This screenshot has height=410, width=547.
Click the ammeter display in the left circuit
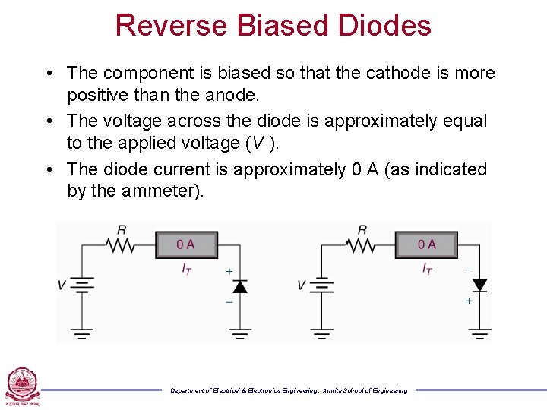coord(186,244)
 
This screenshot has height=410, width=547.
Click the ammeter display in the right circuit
coord(426,244)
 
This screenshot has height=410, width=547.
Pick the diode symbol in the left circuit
coord(240,286)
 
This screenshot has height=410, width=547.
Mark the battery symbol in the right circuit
coord(322,285)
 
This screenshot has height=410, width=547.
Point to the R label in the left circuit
coord(122,229)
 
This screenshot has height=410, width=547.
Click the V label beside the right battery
coord(301,285)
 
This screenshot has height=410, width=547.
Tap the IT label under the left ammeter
coord(186,269)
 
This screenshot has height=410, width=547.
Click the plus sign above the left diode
coord(229,271)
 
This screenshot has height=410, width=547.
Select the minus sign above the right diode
coord(468,270)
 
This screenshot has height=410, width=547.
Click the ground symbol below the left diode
coord(240,333)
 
